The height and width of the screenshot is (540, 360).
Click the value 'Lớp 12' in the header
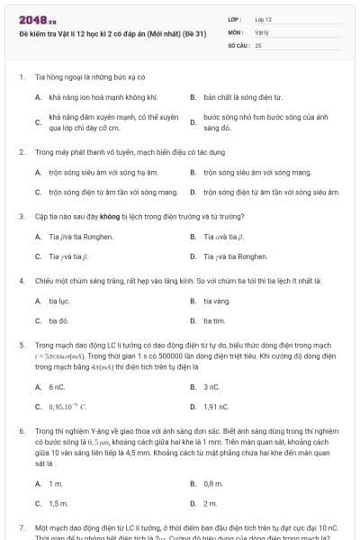(x=263, y=19)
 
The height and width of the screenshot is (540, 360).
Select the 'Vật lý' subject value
(x=261, y=31)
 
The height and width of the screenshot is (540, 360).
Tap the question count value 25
(x=258, y=44)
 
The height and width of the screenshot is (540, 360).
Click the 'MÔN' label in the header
(x=236, y=31)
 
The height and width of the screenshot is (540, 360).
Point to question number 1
(x=21, y=77)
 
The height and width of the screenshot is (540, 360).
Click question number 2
(x=21, y=151)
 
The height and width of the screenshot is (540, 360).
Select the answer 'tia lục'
(x=59, y=301)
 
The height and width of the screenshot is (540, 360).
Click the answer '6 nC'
(x=58, y=387)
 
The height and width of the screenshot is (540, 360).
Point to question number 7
(x=21, y=526)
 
